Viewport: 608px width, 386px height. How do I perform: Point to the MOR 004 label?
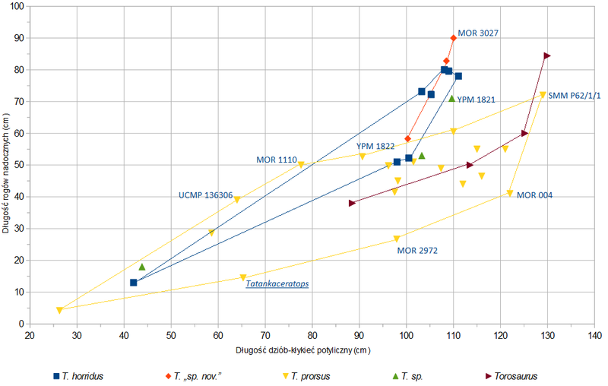coord(534,195)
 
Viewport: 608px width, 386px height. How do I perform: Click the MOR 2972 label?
coord(417,250)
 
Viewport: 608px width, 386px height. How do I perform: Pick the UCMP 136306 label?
coord(205,195)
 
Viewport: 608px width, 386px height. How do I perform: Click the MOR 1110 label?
coord(276,160)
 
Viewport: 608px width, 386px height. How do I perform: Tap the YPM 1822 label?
coord(375,146)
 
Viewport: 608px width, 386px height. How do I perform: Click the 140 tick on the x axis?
coord(594,334)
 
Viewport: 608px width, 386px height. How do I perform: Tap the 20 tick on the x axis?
coord(29,334)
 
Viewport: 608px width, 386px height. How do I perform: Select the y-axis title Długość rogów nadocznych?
coord(7,165)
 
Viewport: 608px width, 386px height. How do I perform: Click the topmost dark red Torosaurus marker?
coord(547,55)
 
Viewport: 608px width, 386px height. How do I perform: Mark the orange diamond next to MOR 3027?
coord(454,38)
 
